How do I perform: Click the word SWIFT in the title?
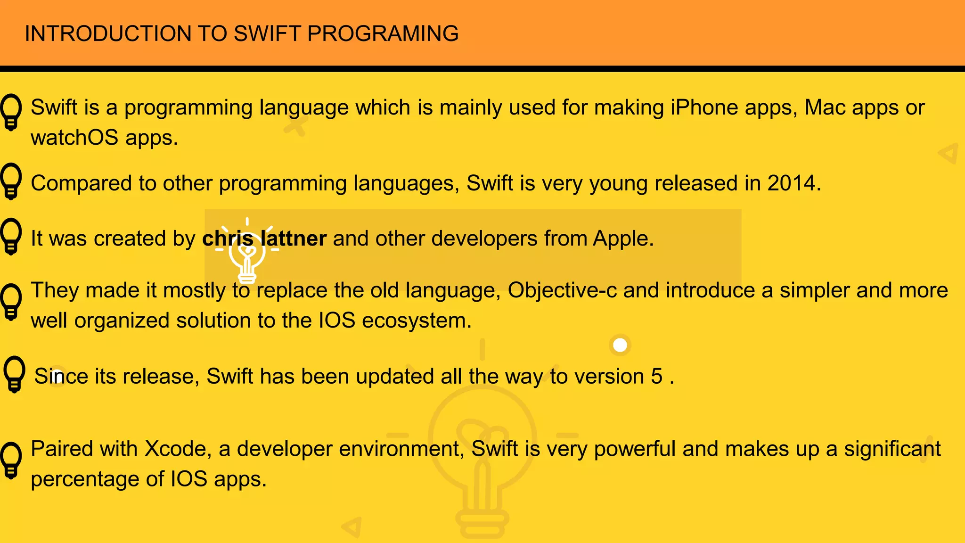[x=267, y=33]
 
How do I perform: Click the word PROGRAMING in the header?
[x=383, y=33]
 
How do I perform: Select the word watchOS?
[x=74, y=138]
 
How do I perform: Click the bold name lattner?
[x=293, y=239]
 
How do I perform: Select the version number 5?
[x=657, y=377]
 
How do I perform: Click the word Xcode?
[x=175, y=449]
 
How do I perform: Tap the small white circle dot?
[x=620, y=345]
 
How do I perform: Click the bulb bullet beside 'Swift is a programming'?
[x=11, y=112]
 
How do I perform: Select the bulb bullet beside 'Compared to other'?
[x=11, y=181]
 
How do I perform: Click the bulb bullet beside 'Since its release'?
[x=14, y=374]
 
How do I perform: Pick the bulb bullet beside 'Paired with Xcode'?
[x=11, y=460]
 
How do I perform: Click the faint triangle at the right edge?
[x=949, y=153]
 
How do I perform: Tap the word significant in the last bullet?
[x=892, y=449]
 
